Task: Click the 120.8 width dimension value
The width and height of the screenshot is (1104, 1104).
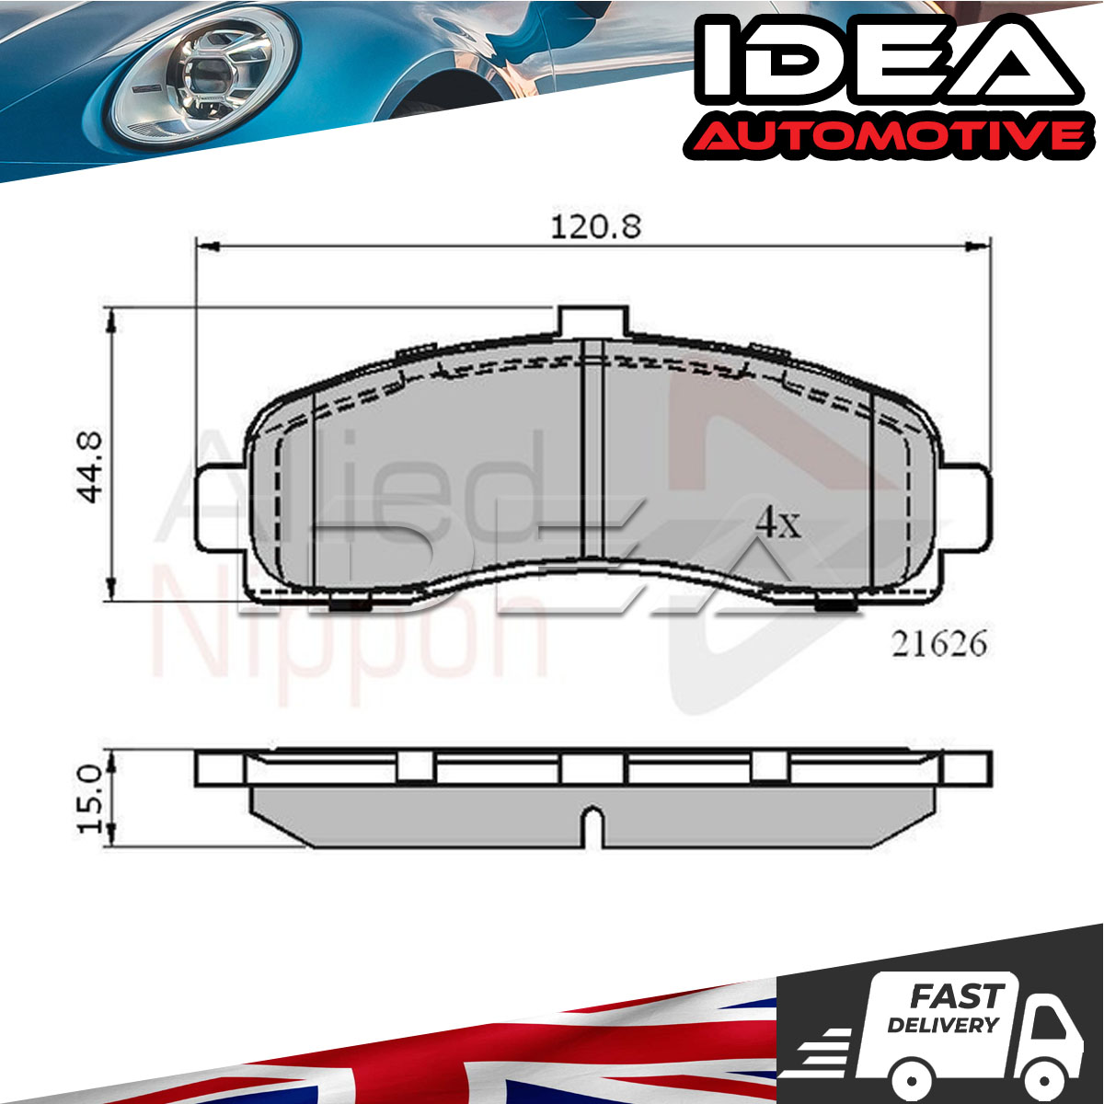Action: [x=595, y=227]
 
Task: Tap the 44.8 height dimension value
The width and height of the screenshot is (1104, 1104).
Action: [x=89, y=467]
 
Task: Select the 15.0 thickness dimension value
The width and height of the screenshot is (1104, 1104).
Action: [x=89, y=799]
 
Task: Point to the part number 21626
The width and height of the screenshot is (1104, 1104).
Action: [x=938, y=644]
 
